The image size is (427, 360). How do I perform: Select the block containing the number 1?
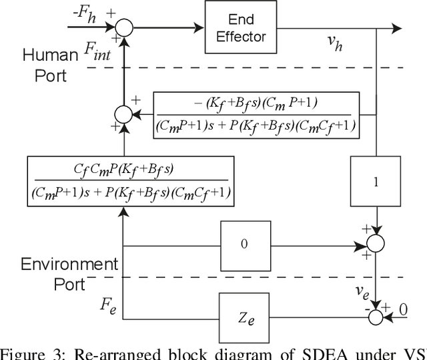coord(376,182)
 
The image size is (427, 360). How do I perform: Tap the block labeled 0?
coord(244,244)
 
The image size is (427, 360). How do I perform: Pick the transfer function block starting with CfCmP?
coord(131,180)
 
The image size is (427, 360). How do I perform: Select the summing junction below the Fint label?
coord(124,115)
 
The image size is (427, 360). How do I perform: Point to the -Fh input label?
coord(83,15)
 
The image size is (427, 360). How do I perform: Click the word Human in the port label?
coord(51,55)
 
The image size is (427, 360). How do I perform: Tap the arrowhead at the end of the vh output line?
coord(396,28)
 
